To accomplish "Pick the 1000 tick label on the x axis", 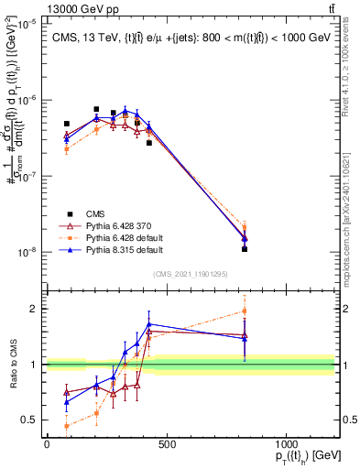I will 286,445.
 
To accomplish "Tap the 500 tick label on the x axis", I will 166,445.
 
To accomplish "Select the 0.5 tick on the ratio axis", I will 33,420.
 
